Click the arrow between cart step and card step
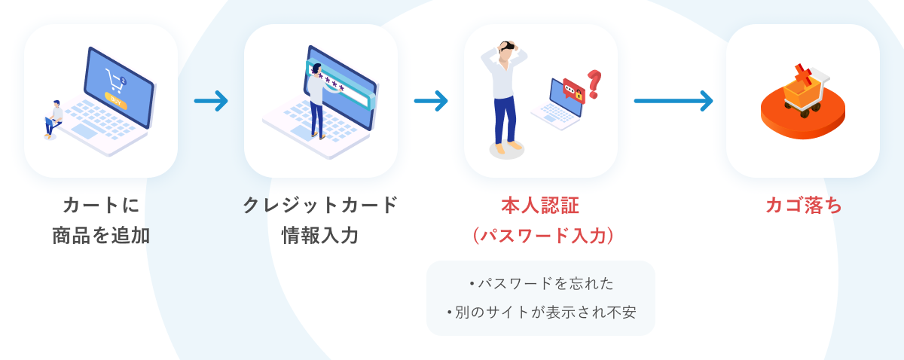pyautogui.click(x=211, y=100)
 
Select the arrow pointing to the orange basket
pyautogui.click(x=673, y=100)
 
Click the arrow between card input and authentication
pyautogui.click(x=431, y=100)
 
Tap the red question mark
pyautogui.click(x=594, y=84)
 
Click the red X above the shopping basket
pyautogui.click(x=803, y=75)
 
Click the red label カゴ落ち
pyautogui.click(x=803, y=206)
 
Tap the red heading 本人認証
pyautogui.click(x=540, y=206)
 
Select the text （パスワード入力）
pyautogui.click(x=540, y=236)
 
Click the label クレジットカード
pyautogui.click(x=320, y=206)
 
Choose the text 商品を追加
pyautogui.click(x=101, y=236)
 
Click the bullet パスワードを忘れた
pyautogui.click(x=541, y=284)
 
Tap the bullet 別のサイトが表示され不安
pyautogui.click(x=541, y=312)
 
